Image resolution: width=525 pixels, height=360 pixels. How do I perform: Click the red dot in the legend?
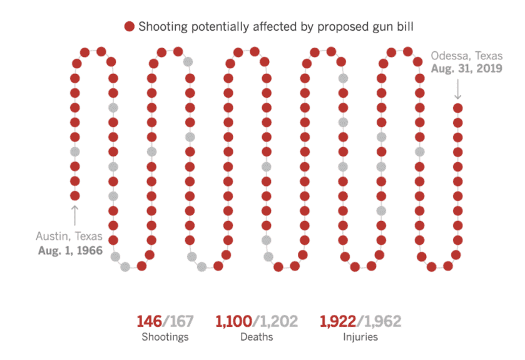(x=130, y=26)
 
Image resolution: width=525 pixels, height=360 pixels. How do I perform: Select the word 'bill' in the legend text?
(x=404, y=26)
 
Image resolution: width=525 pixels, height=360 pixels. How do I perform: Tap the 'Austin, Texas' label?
(x=69, y=236)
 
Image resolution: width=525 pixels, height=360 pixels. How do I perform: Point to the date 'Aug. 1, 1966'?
(x=69, y=250)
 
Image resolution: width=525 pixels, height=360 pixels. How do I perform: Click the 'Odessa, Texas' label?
(x=466, y=55)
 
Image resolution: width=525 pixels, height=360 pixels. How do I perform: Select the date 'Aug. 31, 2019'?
(x=466, y=69)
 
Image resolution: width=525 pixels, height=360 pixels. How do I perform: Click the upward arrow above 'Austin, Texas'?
(x=75, y=215)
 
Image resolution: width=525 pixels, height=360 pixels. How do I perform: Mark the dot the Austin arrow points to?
(x=75, y=195)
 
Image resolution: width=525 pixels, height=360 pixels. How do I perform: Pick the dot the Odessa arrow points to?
(x=457, y=108)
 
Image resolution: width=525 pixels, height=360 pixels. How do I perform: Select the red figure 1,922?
(x=338, y=322)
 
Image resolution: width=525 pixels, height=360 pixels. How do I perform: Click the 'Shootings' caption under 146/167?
(x=165, y=337)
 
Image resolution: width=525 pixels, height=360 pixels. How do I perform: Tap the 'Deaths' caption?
(x=257, y=337)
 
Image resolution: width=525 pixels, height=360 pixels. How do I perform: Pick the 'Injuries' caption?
(x=359, y=337)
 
